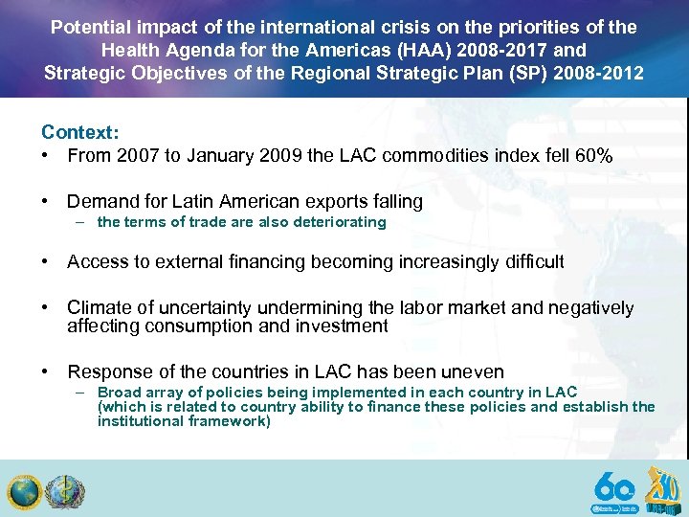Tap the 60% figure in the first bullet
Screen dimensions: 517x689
pos(592,154)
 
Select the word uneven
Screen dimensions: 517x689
pos(473,371)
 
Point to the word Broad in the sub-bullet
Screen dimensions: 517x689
pos(119,393)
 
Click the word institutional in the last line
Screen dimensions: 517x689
pos(143,421)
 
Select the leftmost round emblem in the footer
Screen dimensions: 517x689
pos(23,492)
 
